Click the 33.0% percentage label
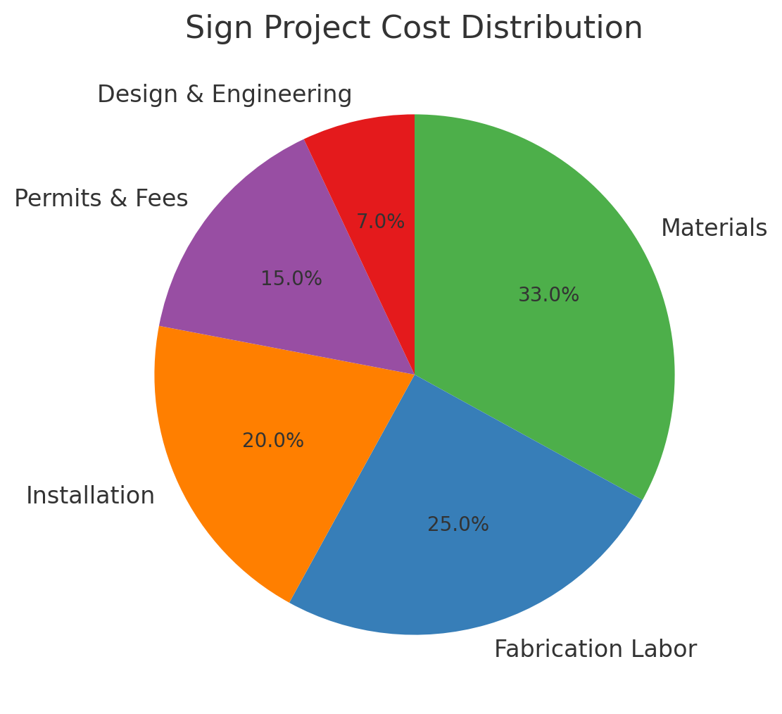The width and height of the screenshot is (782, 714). pyautogui.click(x=548, y=295)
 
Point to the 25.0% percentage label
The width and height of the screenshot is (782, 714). pyautogui.click(x=458, y=525)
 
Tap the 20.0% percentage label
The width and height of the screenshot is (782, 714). pyautogui.click(x=273, y=441)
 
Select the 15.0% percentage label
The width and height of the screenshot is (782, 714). pyautogui.click(x=291, y=279)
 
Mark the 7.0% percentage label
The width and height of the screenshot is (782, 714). pyautogui.click(x=380, y=222)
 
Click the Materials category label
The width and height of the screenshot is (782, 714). pyautogui.click(x=714, y=228)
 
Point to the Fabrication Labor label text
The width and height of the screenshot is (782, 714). pyautogui.click(x=595, y=649)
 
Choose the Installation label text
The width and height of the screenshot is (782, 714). pyautogui.click(x=90, y=496)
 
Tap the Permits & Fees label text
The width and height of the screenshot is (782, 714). pyautogui.click(x=101, y=199)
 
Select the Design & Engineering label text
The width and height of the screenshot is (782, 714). pyautogui.click(x=225, y=94)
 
